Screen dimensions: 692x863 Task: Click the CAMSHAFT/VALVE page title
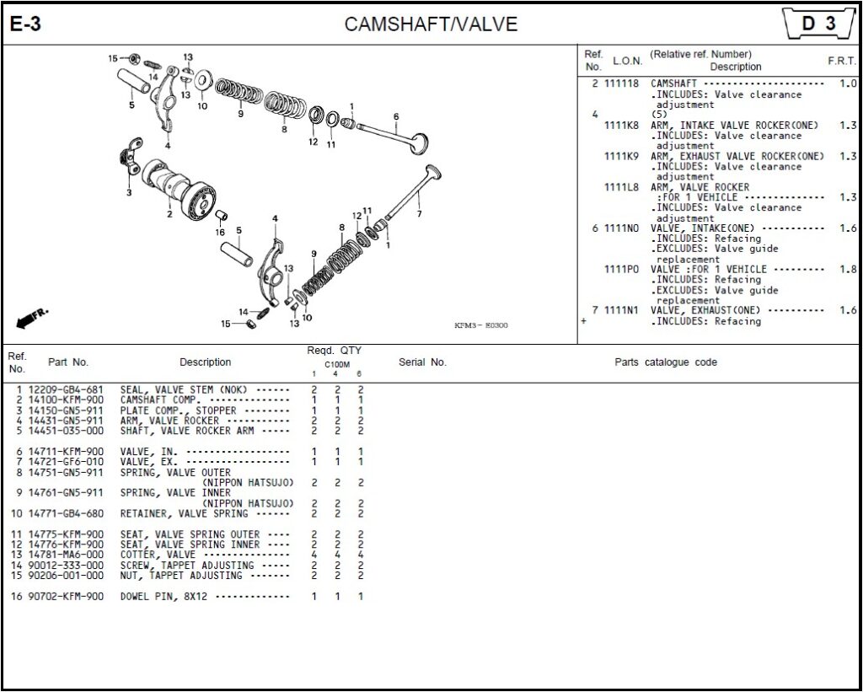click(431, 24)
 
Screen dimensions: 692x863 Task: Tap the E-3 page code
click(25, 24)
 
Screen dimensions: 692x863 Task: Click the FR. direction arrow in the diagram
click(32, 317)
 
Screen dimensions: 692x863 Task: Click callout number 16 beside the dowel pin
click(220, 232)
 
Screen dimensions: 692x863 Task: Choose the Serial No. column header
click(422, 362)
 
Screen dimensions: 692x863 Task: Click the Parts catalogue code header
click(666, 362)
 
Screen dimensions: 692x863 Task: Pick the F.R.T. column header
click(842, 61)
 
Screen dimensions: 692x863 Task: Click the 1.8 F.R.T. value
click(848, 270)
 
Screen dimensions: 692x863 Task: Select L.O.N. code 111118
click(621, 84)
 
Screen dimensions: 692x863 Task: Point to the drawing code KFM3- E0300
click(481, 325)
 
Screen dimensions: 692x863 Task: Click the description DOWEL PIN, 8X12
click(164, 597)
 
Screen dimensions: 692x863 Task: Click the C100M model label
click(337, 364)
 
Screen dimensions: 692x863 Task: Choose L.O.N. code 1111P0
click(621, 270)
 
